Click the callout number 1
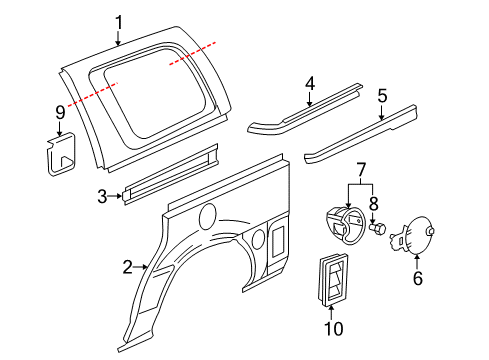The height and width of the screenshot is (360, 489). click(x=119, y=22)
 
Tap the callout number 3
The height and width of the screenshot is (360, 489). click(x=102, y=197)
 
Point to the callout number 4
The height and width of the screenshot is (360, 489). click(x=310, y=84)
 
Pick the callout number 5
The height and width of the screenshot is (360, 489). click(x=382, y=96)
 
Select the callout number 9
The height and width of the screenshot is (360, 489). click(x=60, y=112)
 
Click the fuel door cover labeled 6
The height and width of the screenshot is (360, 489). click(x=418, y=237)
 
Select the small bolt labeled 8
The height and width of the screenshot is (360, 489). click(x=377, y=228)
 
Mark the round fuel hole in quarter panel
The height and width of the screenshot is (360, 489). click(x=210, y=216)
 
